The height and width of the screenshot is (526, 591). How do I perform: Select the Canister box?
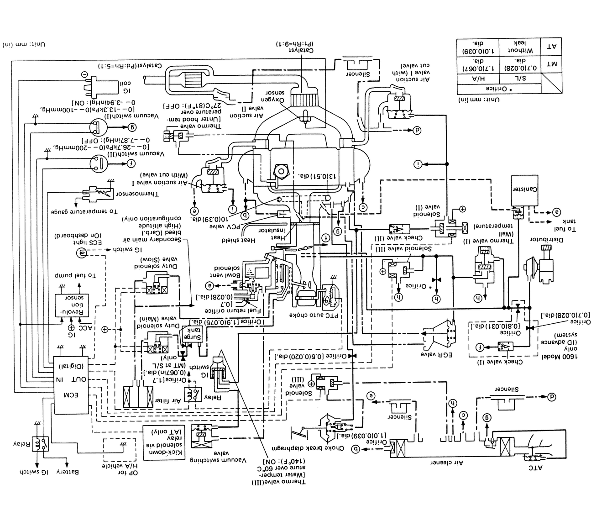(x=523, y=189)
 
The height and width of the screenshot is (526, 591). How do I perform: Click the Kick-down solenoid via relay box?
(x=160, y=437)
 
